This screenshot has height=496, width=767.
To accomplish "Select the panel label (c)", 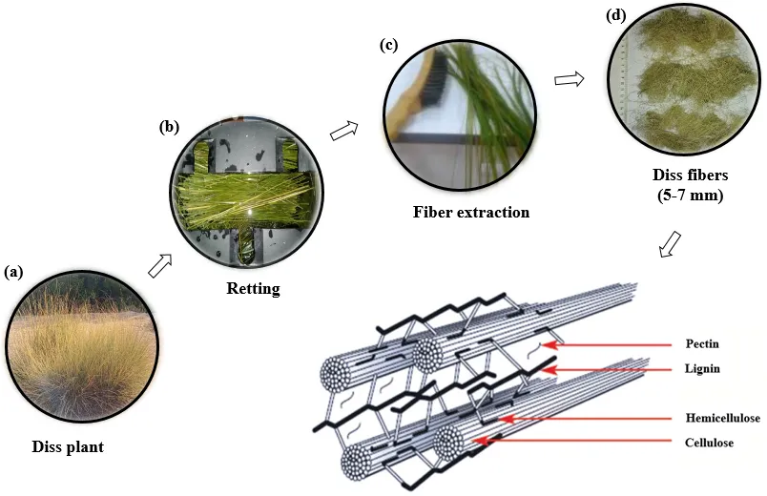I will point(388,44).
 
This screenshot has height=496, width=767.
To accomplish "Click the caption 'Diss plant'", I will point(68,446).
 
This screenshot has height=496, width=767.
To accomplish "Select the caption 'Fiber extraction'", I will point(471,212).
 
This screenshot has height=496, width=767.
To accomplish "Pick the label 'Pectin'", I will point(703,342).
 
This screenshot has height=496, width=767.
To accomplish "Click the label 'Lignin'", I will point(703,367).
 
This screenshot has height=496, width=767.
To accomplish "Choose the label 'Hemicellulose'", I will point(719,418).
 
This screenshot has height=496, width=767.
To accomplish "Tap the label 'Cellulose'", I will point(709,443).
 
